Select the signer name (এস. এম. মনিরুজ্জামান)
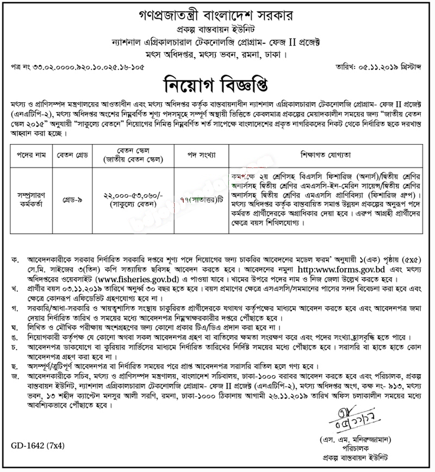coord(354,440)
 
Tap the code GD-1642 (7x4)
coord(37,447)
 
